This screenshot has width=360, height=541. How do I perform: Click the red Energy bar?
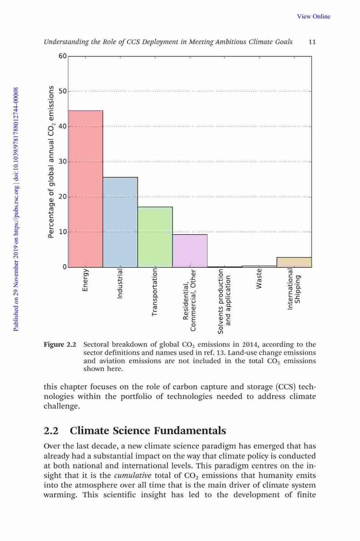tap(85, 189)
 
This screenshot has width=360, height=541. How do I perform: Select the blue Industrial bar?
tap(121, 222)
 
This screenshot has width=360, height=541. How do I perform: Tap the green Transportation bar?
tap(155, 237)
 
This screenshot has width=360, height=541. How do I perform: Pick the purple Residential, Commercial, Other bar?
tap(190, 251)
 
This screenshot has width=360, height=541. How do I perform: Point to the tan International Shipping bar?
tap(294, 262)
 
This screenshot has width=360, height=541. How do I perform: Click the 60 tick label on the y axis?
tap(62, 56)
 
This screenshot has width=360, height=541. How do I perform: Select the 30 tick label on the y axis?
tap(62, 161)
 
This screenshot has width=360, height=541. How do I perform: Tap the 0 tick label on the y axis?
tap(64, 267)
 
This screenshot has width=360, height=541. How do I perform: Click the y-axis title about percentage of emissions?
tap(51, 162)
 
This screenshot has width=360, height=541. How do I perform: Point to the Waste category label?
tap(259, 279)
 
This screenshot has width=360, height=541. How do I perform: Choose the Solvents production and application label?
tap(224, 301)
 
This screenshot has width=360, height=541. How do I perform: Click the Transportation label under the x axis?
tap(155, 293)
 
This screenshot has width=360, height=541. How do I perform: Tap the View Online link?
tap(314, 16)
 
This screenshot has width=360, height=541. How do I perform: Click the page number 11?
tap(312, 42)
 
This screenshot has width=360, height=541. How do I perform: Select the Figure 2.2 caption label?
tap(59, 344)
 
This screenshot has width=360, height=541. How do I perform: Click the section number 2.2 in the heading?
tap(51, 431)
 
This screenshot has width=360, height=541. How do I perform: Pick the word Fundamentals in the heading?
tap(190, 431)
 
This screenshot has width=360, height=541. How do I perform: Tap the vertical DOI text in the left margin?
tap(16, 209)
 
